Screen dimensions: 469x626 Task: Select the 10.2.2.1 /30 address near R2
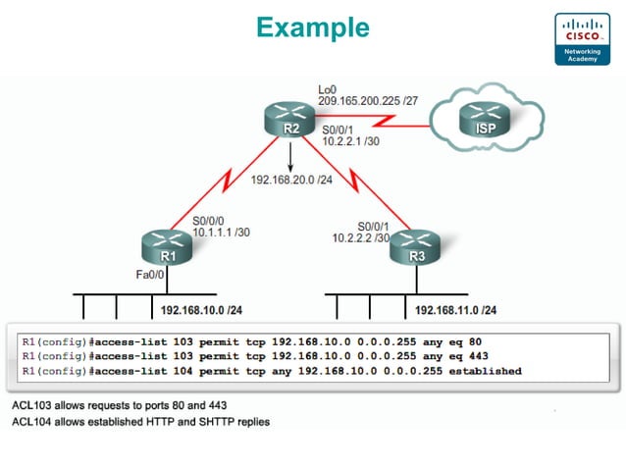coord(349,143)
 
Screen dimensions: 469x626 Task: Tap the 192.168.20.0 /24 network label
coord(291,181)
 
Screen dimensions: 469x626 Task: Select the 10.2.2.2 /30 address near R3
coord(361,237)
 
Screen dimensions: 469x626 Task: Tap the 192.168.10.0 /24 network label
coord(201,310)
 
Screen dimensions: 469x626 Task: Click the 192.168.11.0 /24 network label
coord(455,310)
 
